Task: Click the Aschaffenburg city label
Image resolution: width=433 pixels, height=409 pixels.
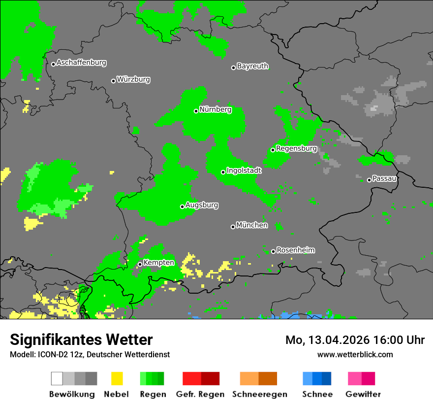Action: pyautogui.click(x=81, y=63)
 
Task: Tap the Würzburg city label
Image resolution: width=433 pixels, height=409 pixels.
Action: pyautogui.click(x=133, y=79)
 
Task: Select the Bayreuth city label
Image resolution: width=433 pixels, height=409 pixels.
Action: pyautogui.click(x=252, y=66)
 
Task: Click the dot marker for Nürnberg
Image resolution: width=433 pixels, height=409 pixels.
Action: pyautogui.click(x=196, y=111)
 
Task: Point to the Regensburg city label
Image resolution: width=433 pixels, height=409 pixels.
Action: pyautogui.click(x=296, y=148)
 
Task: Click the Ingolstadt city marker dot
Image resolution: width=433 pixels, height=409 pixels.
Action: pyautogui.click(x=223, y=172)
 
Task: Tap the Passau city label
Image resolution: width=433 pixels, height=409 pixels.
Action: pyautogui.click(x=384, y=178)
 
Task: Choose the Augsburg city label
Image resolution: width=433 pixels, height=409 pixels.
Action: pyautogui.click(x=202, y=205)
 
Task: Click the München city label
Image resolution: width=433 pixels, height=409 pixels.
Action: pyautogui.click(x=252, y=225)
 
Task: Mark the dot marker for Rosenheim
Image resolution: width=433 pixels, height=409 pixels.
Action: pyautogui.click(x=273, y=251)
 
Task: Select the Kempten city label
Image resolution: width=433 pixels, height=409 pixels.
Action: pyautogui.click(x=158, y=263)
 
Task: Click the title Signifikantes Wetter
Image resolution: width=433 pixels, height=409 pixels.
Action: pyautogui.click(x=81, y=340)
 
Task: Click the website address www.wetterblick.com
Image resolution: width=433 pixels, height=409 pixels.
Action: pyautogui.click(x=355, y=354)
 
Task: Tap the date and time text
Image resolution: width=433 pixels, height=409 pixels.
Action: pyautogui.click(x=355, y=340)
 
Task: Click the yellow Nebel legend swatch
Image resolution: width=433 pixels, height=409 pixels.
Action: pyautogui.click(x=116, y=378)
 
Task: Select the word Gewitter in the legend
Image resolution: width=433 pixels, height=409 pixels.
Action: pyautogui.click(x=363, y=394)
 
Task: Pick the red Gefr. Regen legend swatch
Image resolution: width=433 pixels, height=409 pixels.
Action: pyautogui.click(x=191, y=378)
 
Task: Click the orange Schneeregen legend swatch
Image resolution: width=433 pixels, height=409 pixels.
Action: pyautogui.click(x=249, y=378)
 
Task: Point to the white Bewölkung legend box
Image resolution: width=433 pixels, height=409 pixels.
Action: pyautogui.click(x=57, y=378)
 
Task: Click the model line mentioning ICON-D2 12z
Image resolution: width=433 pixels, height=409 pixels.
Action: pyautogui.click(x=90, y=354)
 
